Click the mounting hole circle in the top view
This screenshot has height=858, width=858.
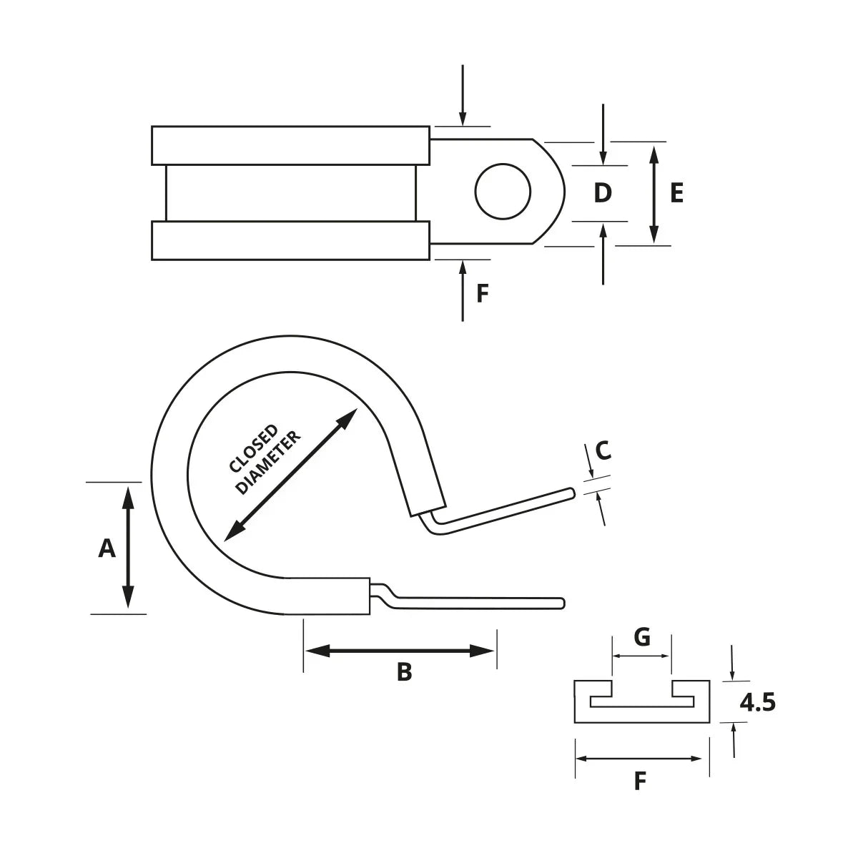point(503,192)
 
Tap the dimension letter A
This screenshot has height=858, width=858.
point(107,548)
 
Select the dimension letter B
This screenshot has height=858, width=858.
point(404,672)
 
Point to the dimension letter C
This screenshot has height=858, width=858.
point(603,450)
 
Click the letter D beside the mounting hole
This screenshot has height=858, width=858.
point(603,193)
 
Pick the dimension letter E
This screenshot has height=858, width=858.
point(676,193)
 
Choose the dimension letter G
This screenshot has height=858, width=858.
point(642,636)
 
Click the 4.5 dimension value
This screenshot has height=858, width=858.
point(757,704)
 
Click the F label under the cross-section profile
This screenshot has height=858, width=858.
point(641,781)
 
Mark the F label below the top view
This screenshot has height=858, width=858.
point(483,293)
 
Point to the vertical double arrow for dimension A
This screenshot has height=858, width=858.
point(128,547)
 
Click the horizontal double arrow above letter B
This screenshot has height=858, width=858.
point(400,651)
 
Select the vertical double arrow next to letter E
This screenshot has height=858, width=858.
point(654,193)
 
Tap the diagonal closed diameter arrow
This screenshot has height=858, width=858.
point(291,473)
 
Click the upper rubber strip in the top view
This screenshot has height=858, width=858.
point(290,145)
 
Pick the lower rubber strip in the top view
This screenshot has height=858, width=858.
point(290,240)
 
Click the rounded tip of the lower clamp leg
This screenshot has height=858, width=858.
point(562,603)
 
